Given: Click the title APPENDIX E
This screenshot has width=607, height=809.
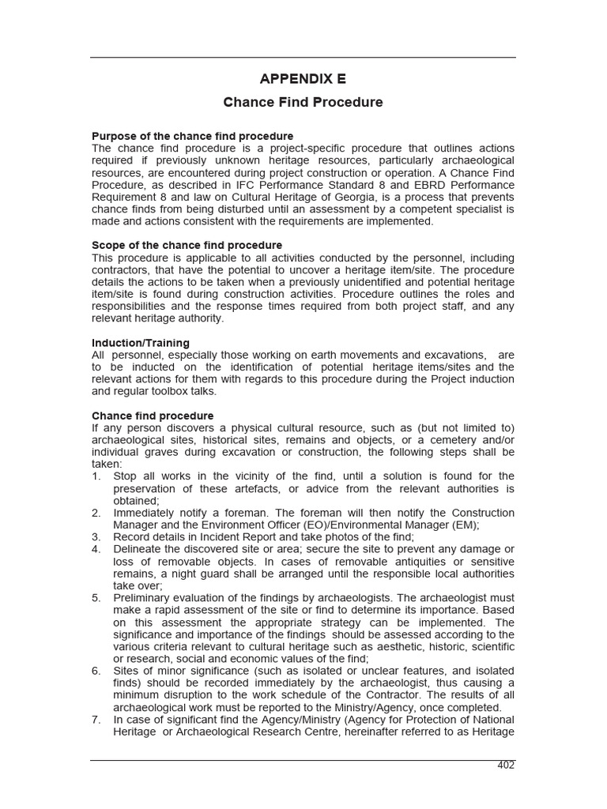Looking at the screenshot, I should (303, 79).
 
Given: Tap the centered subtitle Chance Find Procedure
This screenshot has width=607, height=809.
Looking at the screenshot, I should (303, 103).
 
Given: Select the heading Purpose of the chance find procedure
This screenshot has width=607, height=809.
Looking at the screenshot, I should (192, 136).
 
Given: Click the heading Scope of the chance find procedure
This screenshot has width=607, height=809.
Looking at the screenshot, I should (187, 245).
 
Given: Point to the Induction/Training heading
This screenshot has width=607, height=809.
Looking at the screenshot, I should (141, 343).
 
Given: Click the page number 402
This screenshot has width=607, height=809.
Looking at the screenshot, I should (506, 766).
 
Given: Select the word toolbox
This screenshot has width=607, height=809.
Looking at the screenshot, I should (175, 391).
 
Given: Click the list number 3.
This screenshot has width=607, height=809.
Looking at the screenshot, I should (96, 536).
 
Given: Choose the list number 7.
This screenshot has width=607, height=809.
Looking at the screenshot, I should (96, 720).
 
